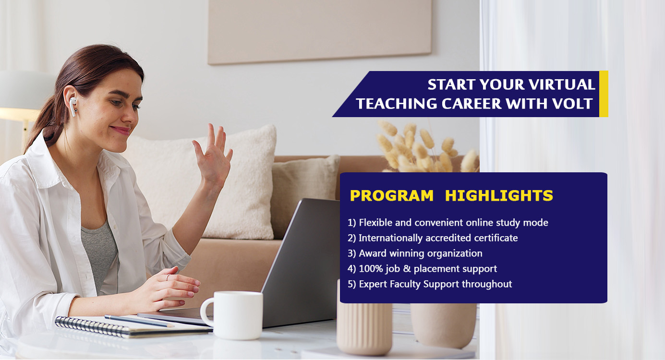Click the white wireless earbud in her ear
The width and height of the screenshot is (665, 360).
click(x=73, y=106)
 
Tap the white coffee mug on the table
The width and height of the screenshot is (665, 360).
click(x=232, y=315)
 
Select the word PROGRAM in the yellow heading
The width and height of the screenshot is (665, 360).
click(x=392, y=195)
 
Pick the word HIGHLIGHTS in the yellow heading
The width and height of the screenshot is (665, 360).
click(x=499, y=195)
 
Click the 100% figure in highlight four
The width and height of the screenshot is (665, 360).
click(x=371, y=269)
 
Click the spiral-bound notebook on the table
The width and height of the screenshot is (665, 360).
click(x=131, y=326)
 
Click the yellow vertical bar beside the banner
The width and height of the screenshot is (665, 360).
click(x=604, y=94)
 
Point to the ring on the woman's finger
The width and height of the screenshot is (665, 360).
click(x=168, y=277)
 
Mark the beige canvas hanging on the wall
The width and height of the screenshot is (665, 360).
click(x=319, y=31)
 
